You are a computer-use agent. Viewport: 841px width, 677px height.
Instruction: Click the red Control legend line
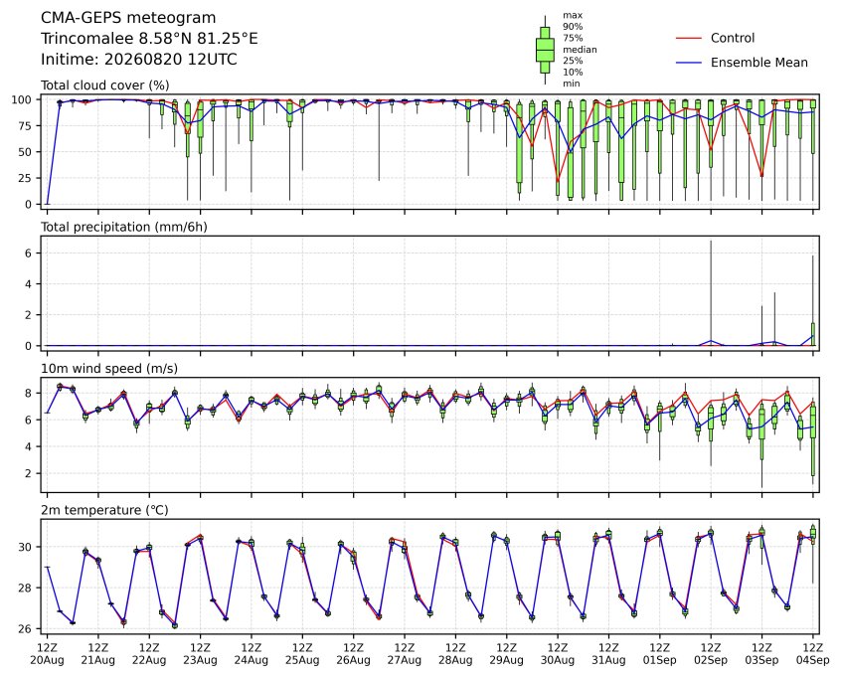(689, 38)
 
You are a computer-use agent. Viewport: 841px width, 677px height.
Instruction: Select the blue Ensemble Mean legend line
(689, 63)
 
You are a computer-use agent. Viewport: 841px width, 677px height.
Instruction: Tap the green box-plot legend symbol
(545, 50)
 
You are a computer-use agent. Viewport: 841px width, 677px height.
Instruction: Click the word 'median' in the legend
(580, 50)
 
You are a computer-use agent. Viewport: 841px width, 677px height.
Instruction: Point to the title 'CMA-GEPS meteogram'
(128, 18)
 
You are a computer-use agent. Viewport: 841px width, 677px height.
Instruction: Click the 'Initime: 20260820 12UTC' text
(139, 59)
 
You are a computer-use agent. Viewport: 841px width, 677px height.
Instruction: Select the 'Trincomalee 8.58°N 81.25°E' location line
(149, 39)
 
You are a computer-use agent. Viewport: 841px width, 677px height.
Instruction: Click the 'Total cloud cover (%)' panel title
(105, 85)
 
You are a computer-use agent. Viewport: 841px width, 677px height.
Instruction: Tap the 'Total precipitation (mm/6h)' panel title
(124, 227)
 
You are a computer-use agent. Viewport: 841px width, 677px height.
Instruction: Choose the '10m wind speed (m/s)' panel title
(109, 369)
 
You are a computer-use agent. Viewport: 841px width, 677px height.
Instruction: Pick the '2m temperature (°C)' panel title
(104, 510)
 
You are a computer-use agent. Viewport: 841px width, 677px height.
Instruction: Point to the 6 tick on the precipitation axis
(29, 253)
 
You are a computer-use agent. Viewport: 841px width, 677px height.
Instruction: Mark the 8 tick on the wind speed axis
(29, 394)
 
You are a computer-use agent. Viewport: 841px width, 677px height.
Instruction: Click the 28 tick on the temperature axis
(25, 588)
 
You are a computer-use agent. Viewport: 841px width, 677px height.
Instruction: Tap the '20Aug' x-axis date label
(47, 660)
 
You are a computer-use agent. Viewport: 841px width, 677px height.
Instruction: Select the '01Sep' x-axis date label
(660, 660)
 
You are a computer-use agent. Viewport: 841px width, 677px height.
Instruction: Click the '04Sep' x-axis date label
(813, 660)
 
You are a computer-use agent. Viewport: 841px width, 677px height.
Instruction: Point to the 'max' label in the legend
(573, 16)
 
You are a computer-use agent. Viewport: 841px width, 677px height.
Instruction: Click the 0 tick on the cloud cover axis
(29, 205)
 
